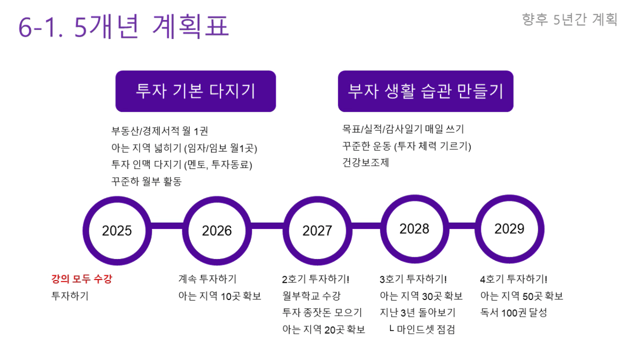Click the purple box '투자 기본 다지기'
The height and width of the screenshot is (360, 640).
(196, 91)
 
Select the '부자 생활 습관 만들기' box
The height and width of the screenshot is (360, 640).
(426, 91)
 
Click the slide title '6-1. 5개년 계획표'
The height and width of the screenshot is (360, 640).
(124, 26)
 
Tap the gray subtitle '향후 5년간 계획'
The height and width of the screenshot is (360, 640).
(569, 19)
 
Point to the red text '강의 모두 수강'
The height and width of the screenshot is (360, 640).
(82, 279)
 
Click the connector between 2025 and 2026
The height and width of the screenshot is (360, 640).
(167, 226)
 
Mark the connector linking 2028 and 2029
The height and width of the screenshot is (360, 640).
(462, 226)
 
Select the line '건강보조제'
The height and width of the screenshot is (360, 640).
(366, 163)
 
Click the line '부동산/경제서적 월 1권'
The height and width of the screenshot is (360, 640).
(159, 131)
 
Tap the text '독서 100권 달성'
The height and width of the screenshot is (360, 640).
(514, 313)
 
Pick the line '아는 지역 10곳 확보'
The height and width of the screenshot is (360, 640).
(219, 296)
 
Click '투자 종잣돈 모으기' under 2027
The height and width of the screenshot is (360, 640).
(322, 313)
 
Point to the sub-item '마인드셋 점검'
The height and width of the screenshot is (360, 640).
(426, 329)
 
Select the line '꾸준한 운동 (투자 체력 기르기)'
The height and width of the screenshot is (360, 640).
(406, 146)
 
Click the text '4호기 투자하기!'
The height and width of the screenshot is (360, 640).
(514, 279)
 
